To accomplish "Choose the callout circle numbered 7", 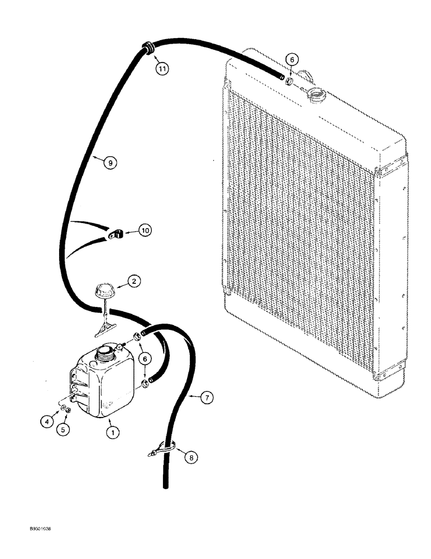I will click(x=207, y=397).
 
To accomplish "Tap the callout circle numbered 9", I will click(x=109, y=162).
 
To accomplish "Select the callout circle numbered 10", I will click(x=145, y=230).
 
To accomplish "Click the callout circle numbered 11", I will click(x=161, y=69).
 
